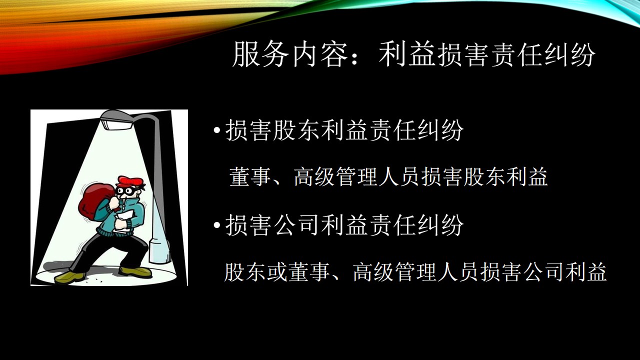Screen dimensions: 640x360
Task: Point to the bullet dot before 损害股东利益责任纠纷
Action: click(217, 131)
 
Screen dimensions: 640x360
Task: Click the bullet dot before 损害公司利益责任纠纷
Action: click(217, 225)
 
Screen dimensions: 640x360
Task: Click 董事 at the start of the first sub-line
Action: click(249, 177)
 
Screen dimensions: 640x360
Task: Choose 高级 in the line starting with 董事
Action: click(314, 177)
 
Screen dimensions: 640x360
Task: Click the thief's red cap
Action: click(130, 181)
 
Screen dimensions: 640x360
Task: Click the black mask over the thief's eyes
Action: click(129, 191)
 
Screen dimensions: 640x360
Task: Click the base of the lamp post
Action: click(159, 251)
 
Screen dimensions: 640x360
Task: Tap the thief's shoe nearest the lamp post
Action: click(135, 271)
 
